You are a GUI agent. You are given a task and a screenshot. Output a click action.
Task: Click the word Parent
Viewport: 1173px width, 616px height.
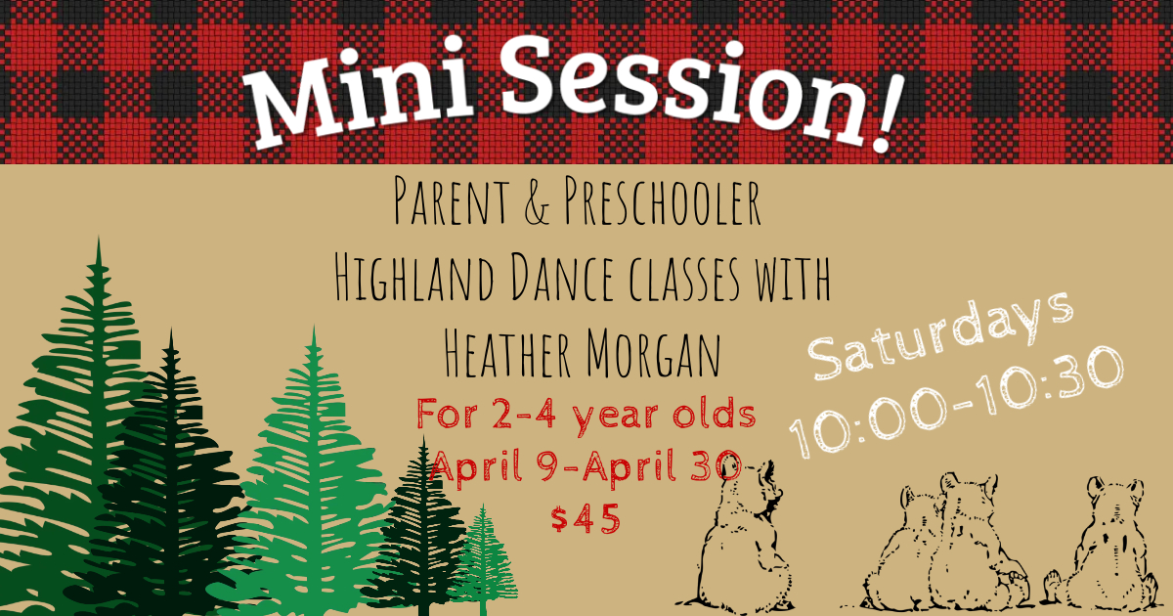point(451,202)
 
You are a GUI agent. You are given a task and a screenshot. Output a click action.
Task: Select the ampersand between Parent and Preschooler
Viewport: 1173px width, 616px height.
point(537,202)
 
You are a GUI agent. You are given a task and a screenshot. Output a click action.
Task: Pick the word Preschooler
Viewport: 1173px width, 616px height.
point(663,202)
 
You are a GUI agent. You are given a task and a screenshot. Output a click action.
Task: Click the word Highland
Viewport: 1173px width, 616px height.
point(413,278)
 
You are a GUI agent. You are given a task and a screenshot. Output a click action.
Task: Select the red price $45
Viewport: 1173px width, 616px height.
point(586,518)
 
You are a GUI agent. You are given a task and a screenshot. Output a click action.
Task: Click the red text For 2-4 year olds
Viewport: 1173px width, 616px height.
point(586,415)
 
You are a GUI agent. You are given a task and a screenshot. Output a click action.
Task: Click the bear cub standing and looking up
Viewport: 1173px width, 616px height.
point(738,540)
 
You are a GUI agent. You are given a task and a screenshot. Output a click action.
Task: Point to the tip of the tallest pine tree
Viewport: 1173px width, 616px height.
point(99,237)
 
